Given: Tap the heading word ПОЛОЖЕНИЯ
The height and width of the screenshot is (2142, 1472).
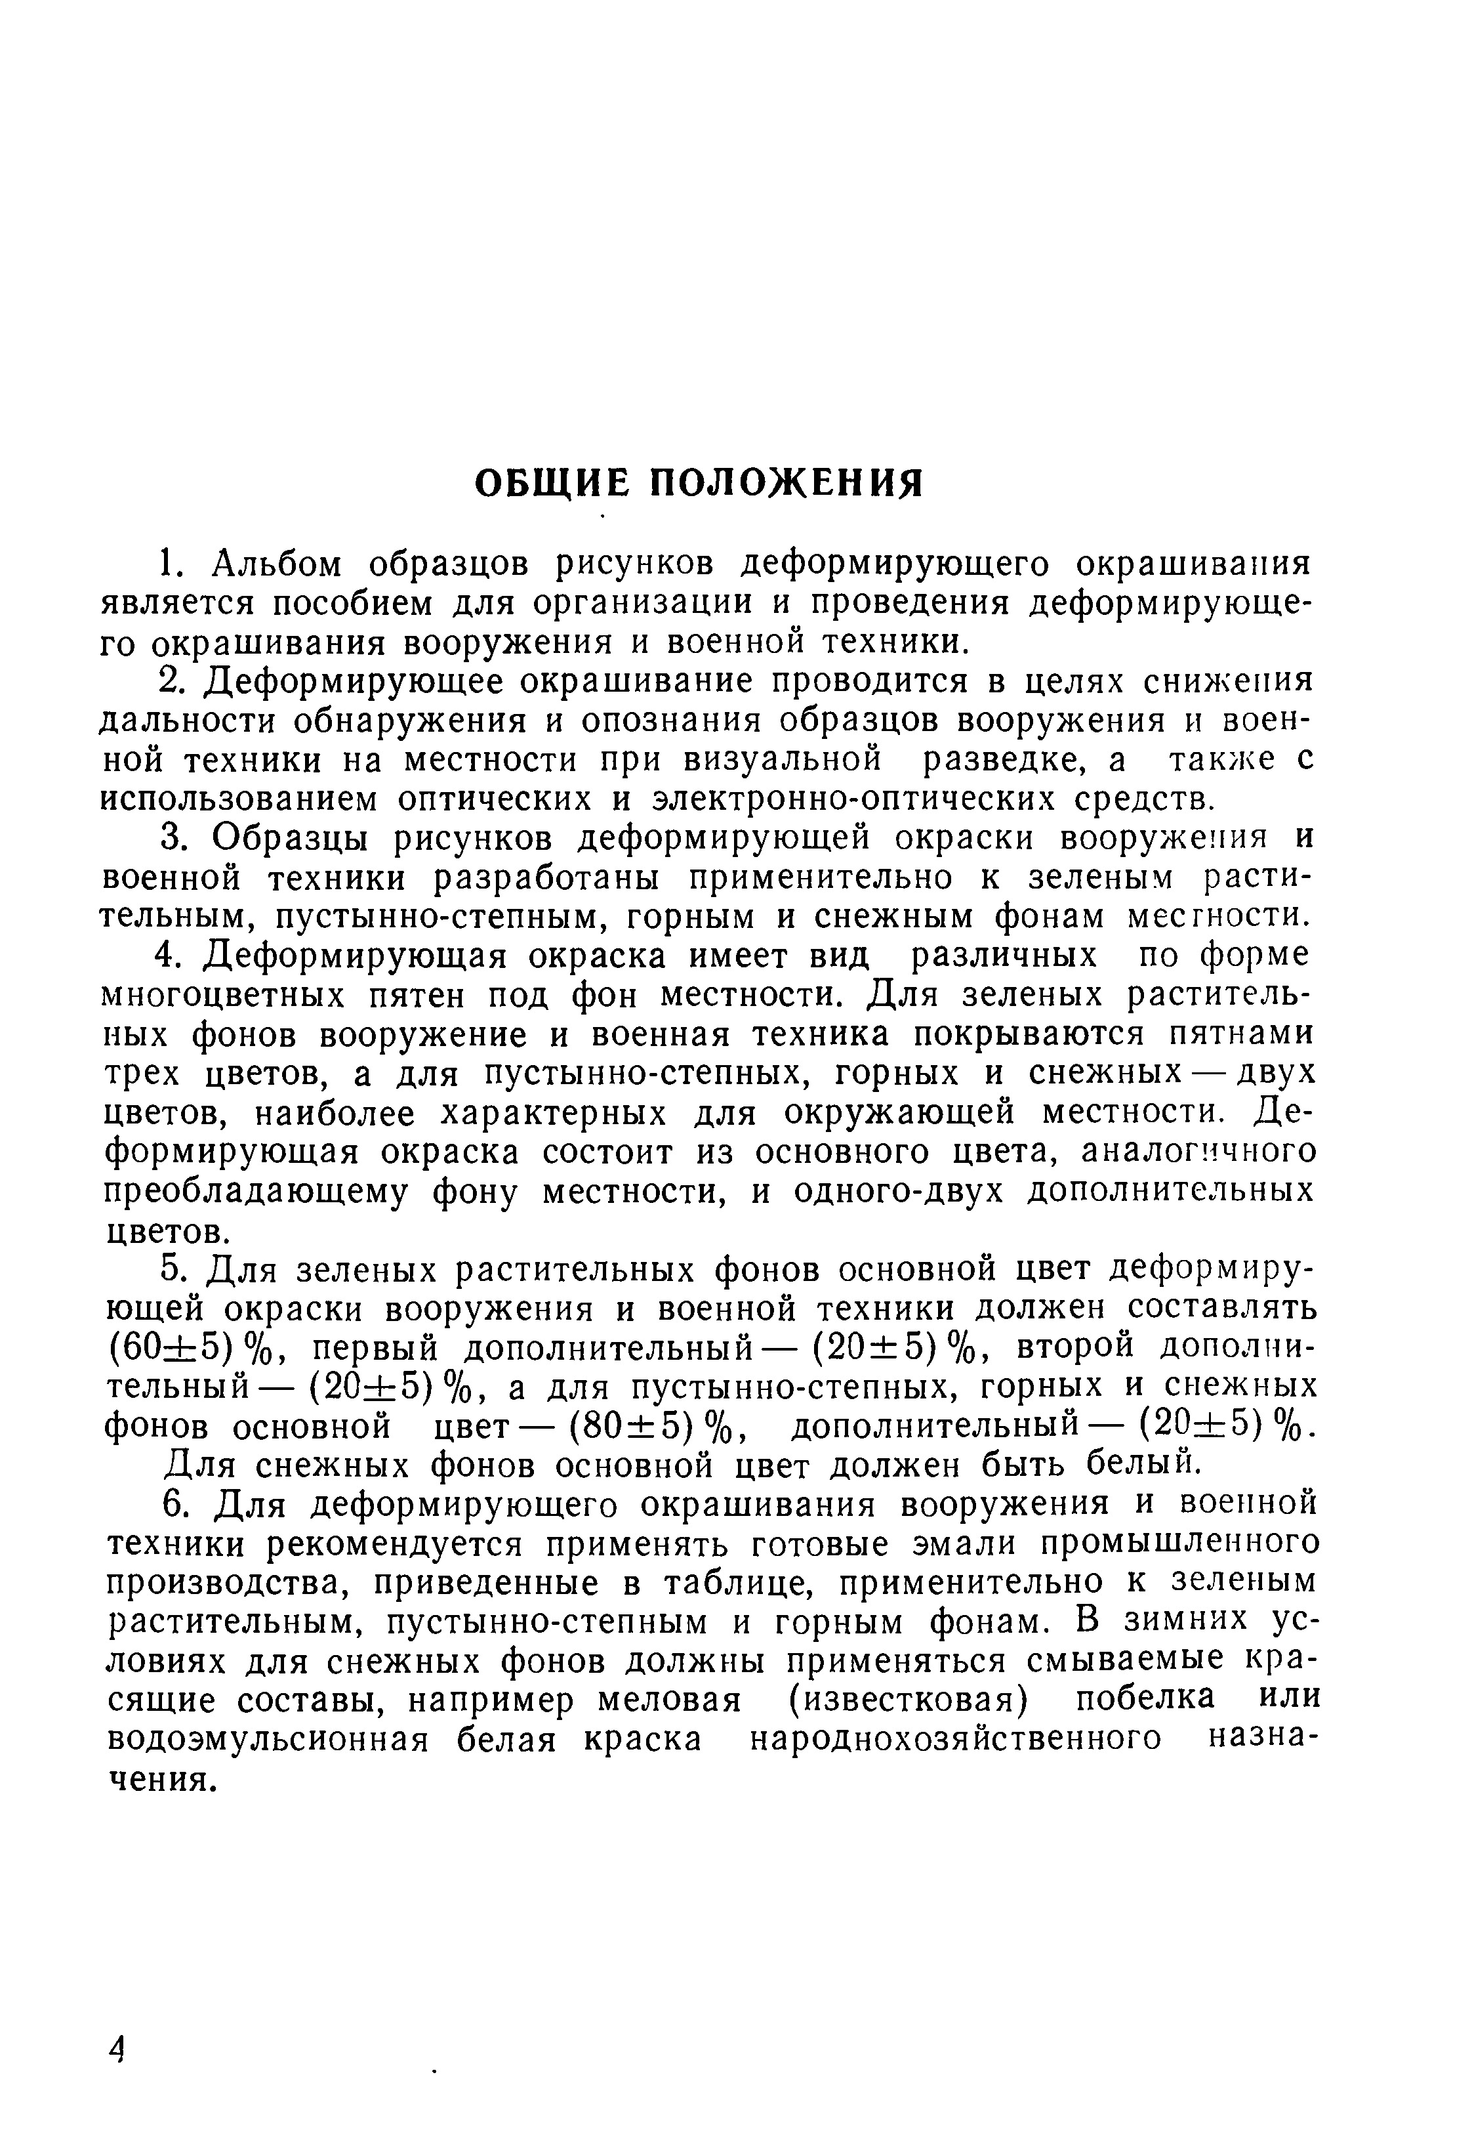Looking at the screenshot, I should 787,482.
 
